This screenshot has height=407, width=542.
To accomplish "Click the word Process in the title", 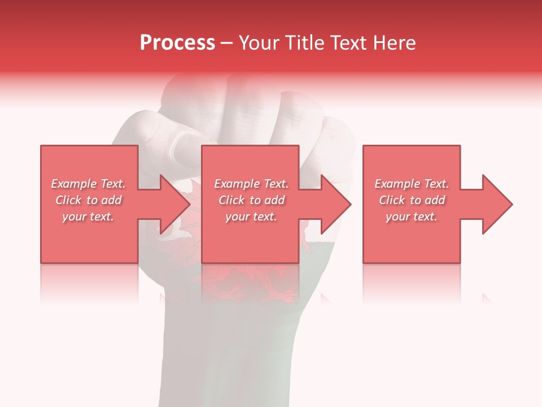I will pyautogui.click(x=177, y=43).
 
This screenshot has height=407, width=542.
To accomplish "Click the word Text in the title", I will pyautogui.click(x=351, y=43).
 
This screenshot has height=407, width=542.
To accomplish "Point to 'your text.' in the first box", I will pyautogui.click(x=88, y=217).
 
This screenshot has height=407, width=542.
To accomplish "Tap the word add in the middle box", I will pyautogui.click(x=274, y=200).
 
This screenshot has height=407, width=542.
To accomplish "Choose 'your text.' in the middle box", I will pyautogui.click(x=251, y=217).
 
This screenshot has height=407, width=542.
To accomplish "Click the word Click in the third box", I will pyautogui.click(x=392, y=200).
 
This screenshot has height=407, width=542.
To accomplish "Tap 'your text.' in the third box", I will pyautogui.click(x=412, y=217).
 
